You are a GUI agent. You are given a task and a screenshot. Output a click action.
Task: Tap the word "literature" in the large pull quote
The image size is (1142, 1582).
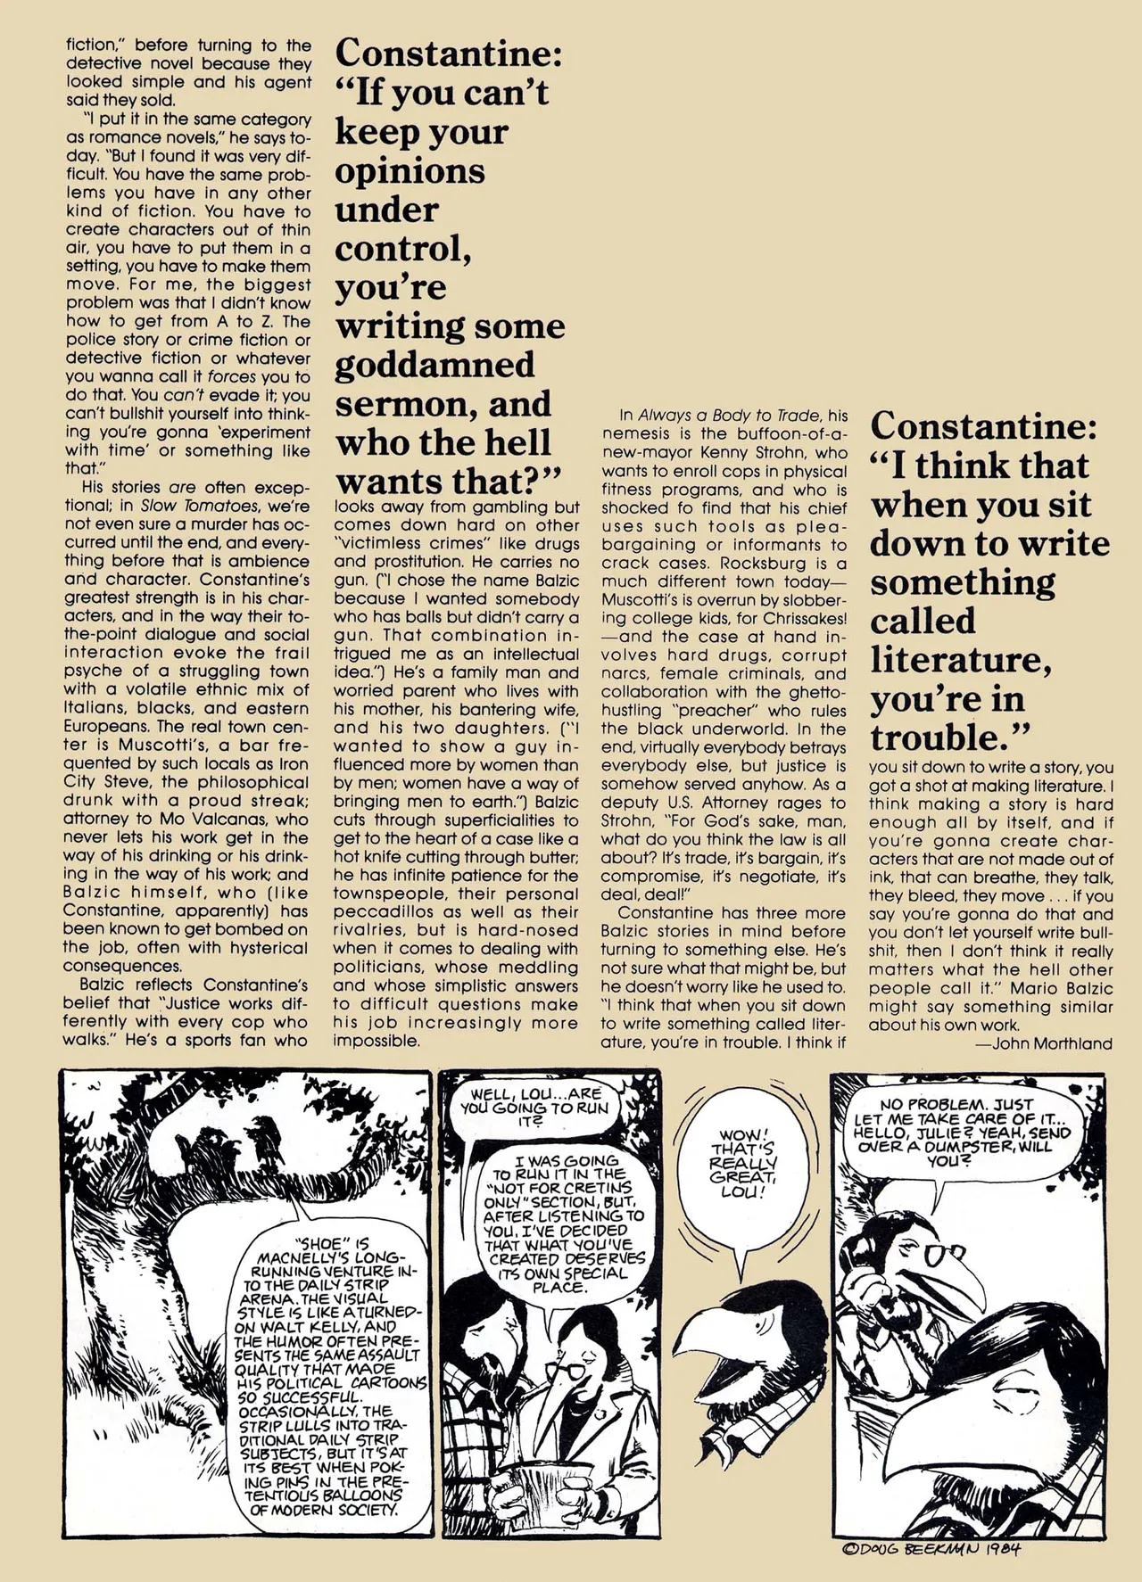(x=960, y=661)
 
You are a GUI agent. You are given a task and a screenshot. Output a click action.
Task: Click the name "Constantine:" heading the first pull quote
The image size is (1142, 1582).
(x=449, y=54)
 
